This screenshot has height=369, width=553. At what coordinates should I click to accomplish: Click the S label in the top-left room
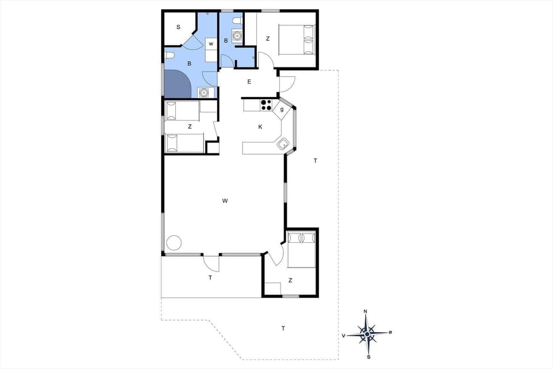(178, 27)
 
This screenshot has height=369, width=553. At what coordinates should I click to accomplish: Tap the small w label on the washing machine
(211, 44)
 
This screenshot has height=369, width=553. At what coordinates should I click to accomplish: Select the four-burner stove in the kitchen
(266, 105)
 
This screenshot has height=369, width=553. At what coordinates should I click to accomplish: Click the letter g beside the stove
(282, 109)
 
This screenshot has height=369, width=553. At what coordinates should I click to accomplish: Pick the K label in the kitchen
(260, 127)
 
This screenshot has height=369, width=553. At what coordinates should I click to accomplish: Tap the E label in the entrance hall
(249, 81)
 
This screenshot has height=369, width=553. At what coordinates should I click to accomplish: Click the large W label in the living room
(225, 201)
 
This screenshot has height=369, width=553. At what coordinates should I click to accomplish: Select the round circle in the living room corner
(174, 243)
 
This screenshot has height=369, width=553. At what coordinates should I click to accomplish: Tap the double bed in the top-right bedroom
(297, 39)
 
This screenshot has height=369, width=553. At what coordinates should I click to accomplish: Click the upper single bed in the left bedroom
(182, 111)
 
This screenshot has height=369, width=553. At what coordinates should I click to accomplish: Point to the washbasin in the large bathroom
(203, 92)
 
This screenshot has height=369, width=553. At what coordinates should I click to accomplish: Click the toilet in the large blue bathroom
(169, 55)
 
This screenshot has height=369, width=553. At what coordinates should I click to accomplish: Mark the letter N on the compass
(365, 312)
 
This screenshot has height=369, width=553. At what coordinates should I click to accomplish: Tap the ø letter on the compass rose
(390, 332)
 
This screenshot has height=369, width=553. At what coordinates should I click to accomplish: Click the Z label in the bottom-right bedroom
(290, 280)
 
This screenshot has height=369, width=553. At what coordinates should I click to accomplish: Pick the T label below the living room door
(210, 277)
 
